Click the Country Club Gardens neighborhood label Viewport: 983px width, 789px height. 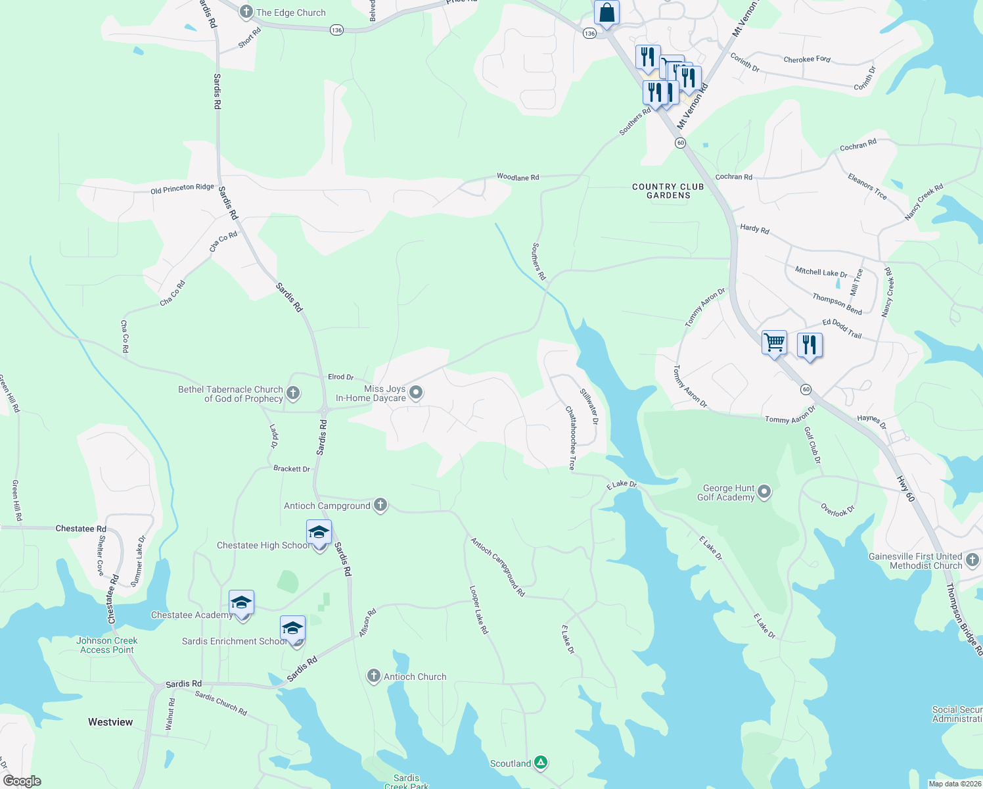pos(668,191)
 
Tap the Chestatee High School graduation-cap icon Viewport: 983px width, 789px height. pos(319,533)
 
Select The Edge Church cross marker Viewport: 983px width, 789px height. pos(246,12)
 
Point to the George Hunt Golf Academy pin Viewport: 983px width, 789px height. pos(764,492)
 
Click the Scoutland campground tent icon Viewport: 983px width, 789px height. pos(541,763)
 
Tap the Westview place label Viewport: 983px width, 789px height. pos(110,722)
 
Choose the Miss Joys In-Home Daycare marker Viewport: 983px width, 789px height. pos(415,393)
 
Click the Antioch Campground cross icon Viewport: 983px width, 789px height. pos(380,505)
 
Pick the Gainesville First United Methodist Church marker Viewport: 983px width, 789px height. pos(972,561)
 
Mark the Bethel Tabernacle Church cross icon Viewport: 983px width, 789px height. pos(293,393)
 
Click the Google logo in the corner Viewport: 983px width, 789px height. pos(22,781)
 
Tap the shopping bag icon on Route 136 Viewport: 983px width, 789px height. pos(606,13)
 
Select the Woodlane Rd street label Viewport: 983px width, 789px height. pos(518,177)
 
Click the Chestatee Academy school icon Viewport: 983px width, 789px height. pos(241,602)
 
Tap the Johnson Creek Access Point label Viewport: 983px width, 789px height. pos(107,645)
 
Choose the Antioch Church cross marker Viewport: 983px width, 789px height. pos(373,676)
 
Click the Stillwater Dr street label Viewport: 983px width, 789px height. pos(589,406)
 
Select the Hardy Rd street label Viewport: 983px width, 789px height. pos(754,229)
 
